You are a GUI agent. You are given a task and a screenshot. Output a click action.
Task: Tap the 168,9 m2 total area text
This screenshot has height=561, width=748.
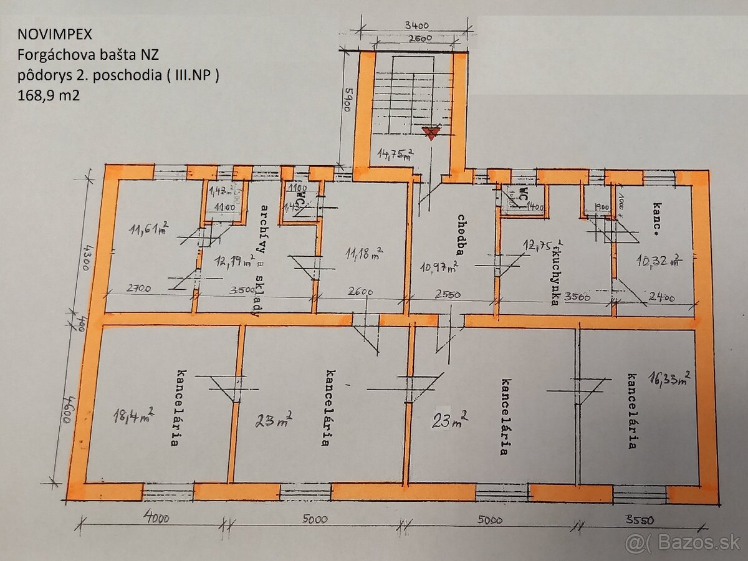(49, 95)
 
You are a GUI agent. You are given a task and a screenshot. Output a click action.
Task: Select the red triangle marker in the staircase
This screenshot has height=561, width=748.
(429, 132)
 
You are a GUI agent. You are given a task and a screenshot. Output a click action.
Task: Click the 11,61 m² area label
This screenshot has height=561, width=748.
(148, 231)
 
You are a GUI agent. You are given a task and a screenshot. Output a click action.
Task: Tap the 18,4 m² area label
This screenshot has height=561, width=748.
(134, 413)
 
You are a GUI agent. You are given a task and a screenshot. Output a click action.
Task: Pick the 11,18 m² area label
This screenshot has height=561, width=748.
(365, 253)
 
